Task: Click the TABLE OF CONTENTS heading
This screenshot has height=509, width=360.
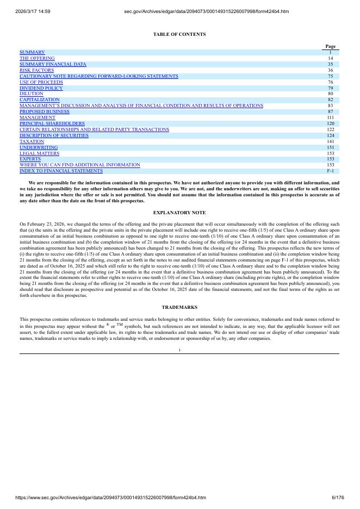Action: click(179, 34)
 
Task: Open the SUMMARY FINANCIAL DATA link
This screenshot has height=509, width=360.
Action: click(53, 64)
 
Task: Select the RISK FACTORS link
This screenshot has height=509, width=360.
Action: click(37, 70)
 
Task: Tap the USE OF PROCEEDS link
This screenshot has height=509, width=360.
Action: click(41, 82)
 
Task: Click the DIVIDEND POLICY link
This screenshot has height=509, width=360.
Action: click(41, 88)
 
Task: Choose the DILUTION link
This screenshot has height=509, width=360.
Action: click(32, 94)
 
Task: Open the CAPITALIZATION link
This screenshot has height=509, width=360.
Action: click(40, 100)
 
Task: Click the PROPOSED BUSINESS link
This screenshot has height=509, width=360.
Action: click(45, 111)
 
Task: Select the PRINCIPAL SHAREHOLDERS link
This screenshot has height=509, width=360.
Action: click(52, 123)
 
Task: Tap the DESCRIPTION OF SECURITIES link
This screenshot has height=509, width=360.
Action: click(54, 135)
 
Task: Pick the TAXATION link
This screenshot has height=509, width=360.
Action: click(32, 141)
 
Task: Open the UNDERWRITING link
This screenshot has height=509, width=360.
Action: click(39, 147)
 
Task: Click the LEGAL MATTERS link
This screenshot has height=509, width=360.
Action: click(40, 153)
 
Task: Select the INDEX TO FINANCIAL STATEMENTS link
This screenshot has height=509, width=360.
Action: click(61, 171)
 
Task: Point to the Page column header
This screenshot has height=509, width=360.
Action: click(330, 46)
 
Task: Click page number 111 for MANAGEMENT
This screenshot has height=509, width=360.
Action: click(330, 117)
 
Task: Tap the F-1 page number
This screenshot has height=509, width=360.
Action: click(330, 171)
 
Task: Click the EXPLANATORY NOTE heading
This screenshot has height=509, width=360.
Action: click(179, 212)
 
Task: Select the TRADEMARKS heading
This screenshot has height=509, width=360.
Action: click(179, 307)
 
